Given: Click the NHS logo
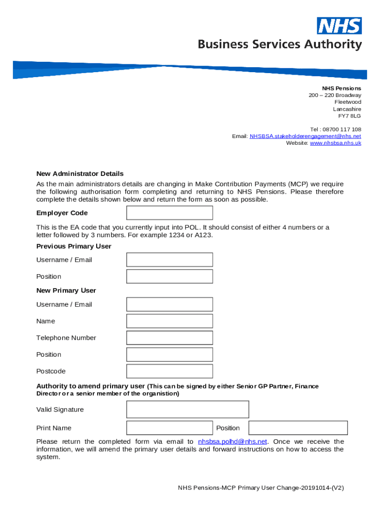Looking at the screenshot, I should pyautogui.click(x=339, y=26).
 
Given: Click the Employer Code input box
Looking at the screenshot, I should pyautogui.click(x=169, y=213).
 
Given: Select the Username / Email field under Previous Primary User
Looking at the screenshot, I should pyautogui.click(x=169, y=260).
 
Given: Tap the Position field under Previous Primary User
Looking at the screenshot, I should pyautogui.click(x=169, y=277).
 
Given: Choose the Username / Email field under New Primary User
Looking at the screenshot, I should pyautogui.click(x=169, y=304).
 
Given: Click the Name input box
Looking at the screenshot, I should pyautogui.click(x=169, y=321).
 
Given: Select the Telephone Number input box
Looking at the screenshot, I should pyautogui.click(x=169, y=338).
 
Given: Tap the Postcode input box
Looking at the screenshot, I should pyautogui.click(x=169, y=371).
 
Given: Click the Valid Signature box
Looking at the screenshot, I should pyautogui.click(x=188, y=410).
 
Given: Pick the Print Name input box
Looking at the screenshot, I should pyautogui.click(x=169, y=428).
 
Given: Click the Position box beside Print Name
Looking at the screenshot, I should pyautogui.click(x=298, y=428).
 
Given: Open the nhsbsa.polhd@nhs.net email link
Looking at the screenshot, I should pyautogui.click(x=232, y=442).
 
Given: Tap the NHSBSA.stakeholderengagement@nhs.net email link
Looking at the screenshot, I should pyautogui.click(x=305, y=136).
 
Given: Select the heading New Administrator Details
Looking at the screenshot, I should pyautogui.click(x=80, y=174).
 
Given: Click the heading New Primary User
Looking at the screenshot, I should pyautogui.click(x=66, y=291).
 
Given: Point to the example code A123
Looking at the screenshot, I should pyautogui.click(x=204, y=235).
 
